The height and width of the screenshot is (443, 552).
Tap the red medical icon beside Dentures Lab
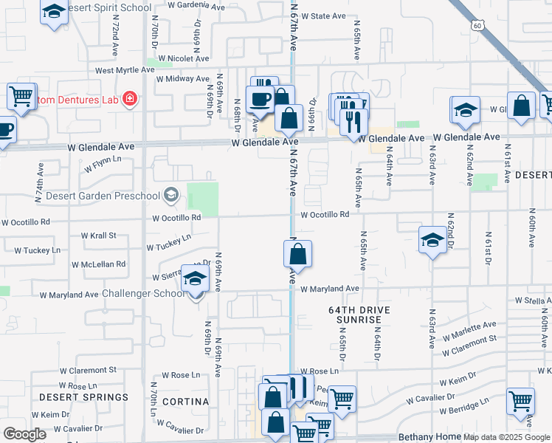130,98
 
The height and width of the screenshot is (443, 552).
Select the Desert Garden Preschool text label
108,196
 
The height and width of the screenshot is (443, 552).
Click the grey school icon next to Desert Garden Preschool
171,195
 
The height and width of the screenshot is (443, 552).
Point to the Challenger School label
144,293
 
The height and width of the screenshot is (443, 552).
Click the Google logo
24,433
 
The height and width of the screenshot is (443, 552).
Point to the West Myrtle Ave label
125,70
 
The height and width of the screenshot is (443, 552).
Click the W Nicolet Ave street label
175,58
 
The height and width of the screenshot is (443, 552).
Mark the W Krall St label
98,236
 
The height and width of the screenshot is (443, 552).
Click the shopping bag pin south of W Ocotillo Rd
297,255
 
